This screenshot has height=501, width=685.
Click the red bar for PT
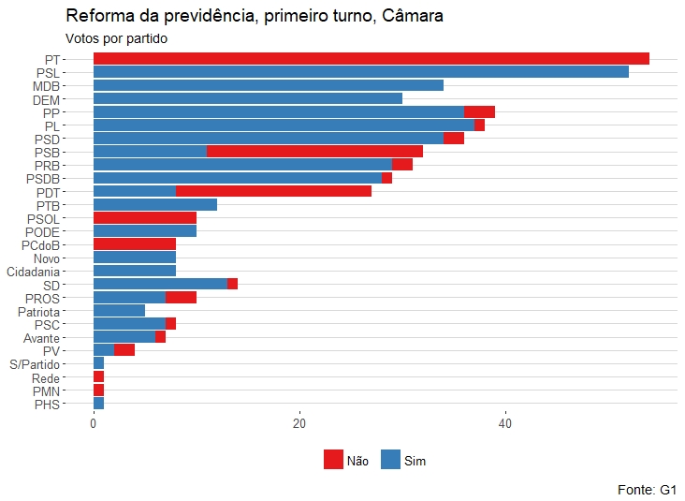(371, 59)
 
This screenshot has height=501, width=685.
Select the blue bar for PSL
(360, 72)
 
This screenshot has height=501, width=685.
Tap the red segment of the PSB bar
(314, 152)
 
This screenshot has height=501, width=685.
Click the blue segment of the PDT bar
(135, 191)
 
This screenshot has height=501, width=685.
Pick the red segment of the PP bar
(479, 111)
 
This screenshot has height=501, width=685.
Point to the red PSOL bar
(145, 218)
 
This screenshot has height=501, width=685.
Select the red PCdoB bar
(135, 244)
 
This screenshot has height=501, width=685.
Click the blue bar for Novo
(135, 258)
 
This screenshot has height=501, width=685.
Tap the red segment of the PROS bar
(181, 298)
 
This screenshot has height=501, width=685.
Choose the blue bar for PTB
(155, 205)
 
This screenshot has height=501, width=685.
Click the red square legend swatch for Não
(334, 460)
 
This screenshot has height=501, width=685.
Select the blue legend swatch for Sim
(391, 460)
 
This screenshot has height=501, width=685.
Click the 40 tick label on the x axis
(505, 423)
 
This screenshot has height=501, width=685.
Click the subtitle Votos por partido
(116, 38)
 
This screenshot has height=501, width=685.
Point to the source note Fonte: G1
(647, 489)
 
